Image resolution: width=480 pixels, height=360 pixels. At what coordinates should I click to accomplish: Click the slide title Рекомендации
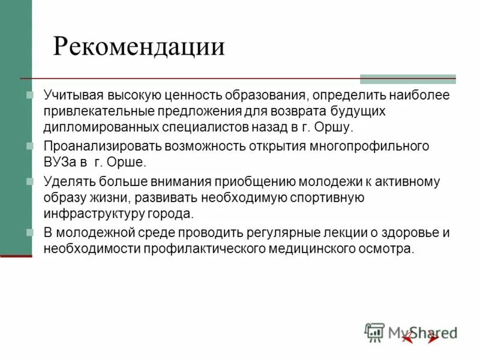[x=139, y=47]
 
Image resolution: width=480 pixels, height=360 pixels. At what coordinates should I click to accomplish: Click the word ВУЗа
[x=61, y=163]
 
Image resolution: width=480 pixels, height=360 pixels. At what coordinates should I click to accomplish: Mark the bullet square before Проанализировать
[x=31, y=146]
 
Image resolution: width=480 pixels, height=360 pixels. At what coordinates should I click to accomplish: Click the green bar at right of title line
[x=407, y=79]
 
